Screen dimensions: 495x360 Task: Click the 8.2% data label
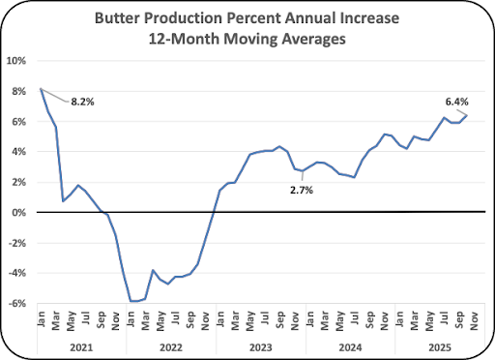82,102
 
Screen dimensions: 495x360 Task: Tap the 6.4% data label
457,102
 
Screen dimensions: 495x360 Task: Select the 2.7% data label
302,191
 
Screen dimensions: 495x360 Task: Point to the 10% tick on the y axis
16,61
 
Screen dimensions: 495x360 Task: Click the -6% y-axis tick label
16,304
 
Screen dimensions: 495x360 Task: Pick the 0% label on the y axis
19,213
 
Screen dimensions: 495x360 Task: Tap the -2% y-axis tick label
16,243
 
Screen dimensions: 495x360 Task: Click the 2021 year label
81,347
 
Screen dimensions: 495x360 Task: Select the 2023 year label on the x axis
261,347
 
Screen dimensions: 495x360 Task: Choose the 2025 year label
440,347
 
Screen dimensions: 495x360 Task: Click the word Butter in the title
117,18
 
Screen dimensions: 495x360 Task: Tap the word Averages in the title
313,40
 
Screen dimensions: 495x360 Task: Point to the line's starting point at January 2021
41,88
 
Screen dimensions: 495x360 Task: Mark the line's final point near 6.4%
467,115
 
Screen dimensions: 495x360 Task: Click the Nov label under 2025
474,320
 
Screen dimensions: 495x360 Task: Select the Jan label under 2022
131,319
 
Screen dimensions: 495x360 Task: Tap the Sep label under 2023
280,319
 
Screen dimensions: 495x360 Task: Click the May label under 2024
340,320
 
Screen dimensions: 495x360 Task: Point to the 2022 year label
171,347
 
